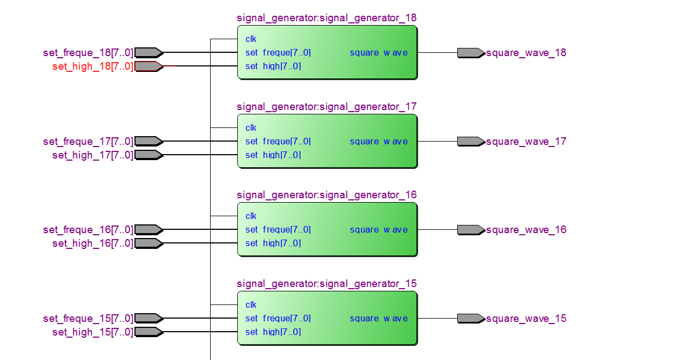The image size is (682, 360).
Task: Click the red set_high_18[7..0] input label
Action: pyautogui.click(x=93, y=66)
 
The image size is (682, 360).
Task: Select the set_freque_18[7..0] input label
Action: pyautogui.click(x=88, y=53)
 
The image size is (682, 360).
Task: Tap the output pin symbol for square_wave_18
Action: pyautogui.click(x=471, y=53)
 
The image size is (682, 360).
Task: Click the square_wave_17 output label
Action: pyautogui.click(x=526, y=142)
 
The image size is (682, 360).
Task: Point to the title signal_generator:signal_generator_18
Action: pyautogui.click(x=327, y=18)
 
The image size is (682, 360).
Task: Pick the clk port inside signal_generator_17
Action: pyautogui.click(x=251, y=128)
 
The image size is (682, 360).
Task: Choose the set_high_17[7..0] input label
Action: pyautogui.click(x=93, y=155)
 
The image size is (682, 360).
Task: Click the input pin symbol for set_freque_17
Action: pyautogui.click(x=149, y=142)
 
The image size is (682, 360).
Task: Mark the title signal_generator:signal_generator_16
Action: pyautogui.click(x=327, y=195)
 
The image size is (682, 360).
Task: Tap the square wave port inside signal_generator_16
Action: pyautogui.click(x=379, y=230)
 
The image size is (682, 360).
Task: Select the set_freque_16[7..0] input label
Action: pyautogui.click(x=88, y=230)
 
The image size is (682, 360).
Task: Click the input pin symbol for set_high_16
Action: pyautogui.click(x=149, y=243)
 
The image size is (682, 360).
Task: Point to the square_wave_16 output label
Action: pyautogui.click(x=526, y=230)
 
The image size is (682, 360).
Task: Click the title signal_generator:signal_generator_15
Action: pyautogui.click(x=327, y=284)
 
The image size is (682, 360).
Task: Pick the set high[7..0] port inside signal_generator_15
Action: pyautogui.click(x=273, y=332)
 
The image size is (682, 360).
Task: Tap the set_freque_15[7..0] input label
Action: pyautogui.click(x=88, y=319)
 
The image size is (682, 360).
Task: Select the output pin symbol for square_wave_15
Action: pyautogui.click(x=471, y=319)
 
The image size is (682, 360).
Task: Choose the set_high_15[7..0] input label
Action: pyautogui.click(x=93, y=332)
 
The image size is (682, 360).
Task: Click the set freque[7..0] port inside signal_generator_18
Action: pyautogui.click(x=278, y=53)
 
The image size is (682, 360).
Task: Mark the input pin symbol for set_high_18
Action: pyautogui.click(x=149, y=66)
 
